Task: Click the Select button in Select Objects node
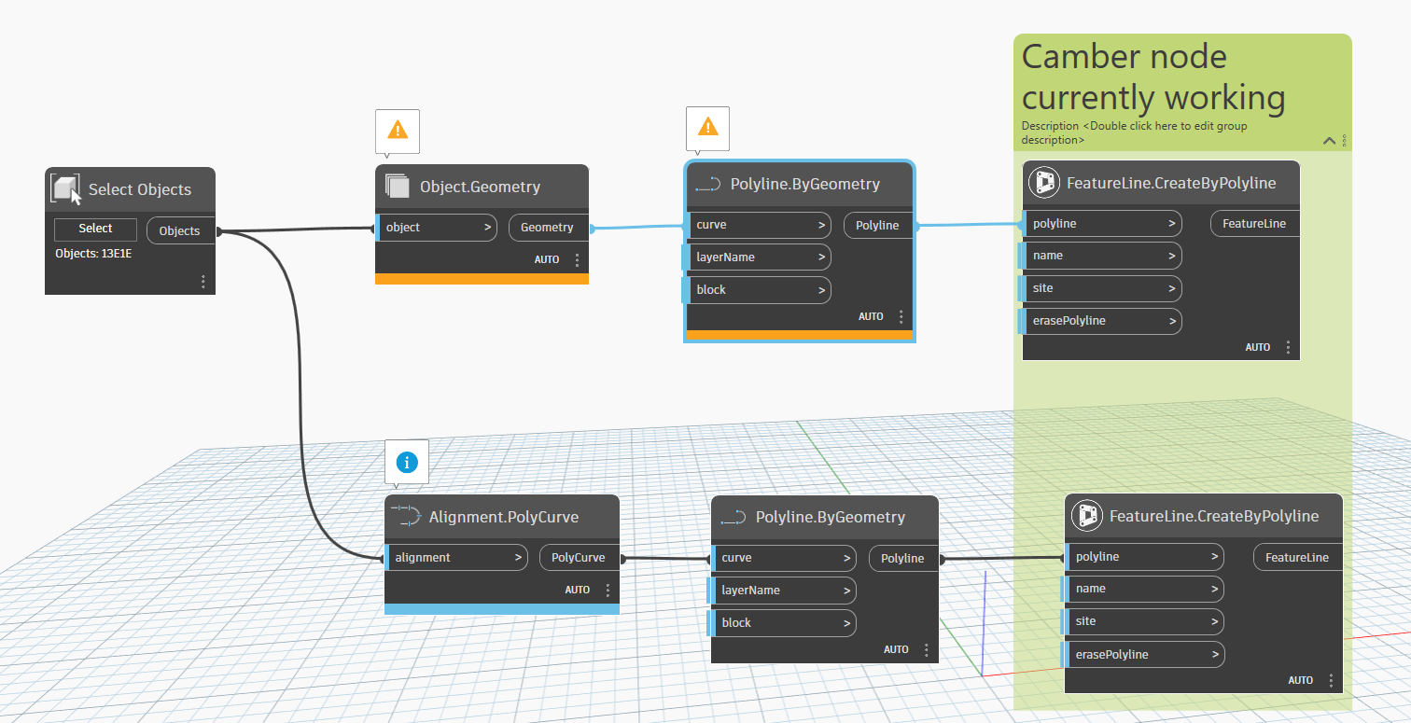pos(95,229)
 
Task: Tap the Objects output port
pos(180,231)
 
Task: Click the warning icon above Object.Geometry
pos(398,131)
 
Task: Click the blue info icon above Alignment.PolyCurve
pos(406,462)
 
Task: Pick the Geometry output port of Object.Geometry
pos(548,228)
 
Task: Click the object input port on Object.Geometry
pos(436,228)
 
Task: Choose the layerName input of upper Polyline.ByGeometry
pos(758,257)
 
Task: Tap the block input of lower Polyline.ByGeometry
pos(783,623)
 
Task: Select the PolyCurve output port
pos(579,558)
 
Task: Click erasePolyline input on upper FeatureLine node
pos(1102,321)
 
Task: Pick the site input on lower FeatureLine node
pos(1144,621)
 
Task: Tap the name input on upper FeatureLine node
pos(1102,256)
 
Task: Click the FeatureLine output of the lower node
pos(1296,558)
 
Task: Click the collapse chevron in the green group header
pos(1329,141)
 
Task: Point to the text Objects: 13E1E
pos(93,254)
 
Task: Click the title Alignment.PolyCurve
pos(503,517)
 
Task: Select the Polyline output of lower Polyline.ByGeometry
pos(902,559)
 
